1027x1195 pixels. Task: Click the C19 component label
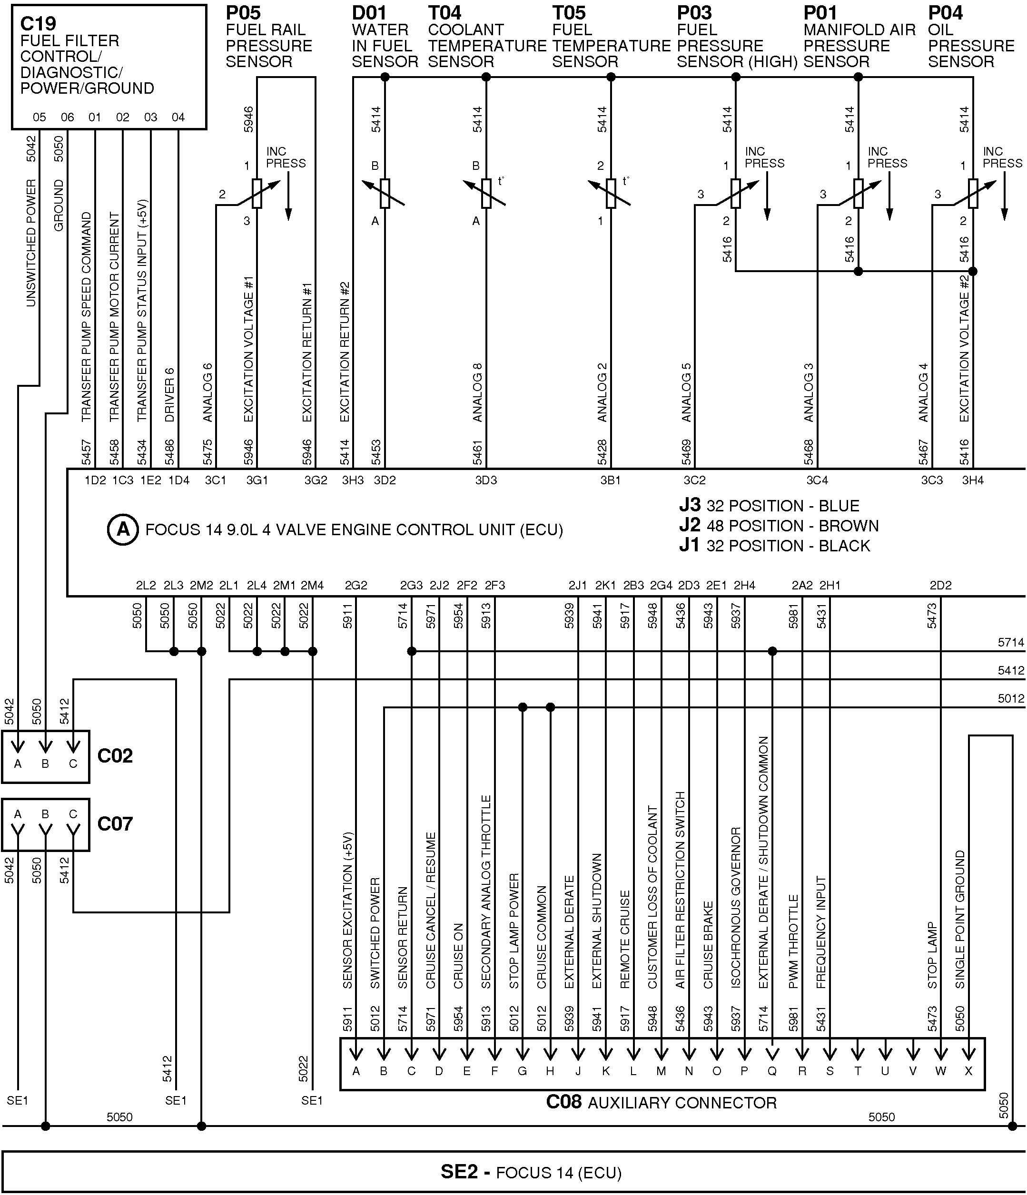click(x=38, y=24)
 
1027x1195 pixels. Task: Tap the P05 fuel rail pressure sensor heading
click(x=243, y=13)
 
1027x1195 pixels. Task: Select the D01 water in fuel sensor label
click(x=369, y=13)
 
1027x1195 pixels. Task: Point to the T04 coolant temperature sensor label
click(x=444, y=13)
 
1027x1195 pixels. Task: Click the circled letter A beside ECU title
click(x=123, y=529)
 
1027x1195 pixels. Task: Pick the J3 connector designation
click(x=689, y=505)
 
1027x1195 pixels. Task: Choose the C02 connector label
click(x=115, y=755)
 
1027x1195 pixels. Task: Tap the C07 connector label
click(x=115, y=823)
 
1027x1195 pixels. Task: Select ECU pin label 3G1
click(x=257, y=480)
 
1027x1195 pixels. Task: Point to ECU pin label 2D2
click(x=940, y=586)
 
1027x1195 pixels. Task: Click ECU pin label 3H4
click(x=973, y=480)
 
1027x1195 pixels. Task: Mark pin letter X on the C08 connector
click(x=968, y=1071)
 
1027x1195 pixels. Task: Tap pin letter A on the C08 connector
click(x=356, y=1071)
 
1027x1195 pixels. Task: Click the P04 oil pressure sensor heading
click(x=945, y=13)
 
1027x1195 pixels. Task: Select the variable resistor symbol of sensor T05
click(x=611, y=193)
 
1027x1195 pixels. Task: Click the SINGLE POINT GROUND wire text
click(x=960, y=919)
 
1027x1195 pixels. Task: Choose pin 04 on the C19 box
click(x=178, y=118)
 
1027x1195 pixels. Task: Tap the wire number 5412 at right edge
click(x=1011, y=670)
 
